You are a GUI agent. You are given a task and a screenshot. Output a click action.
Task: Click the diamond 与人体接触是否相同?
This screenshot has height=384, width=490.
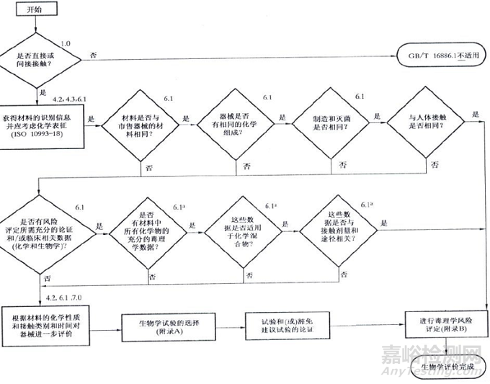422,121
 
